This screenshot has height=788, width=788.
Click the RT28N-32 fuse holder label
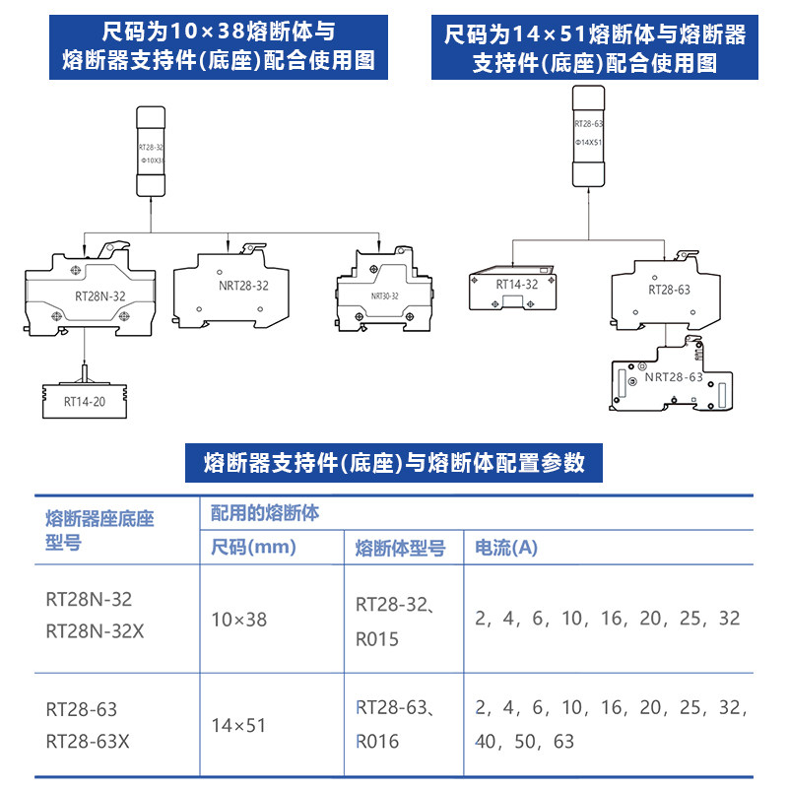click(100, 295)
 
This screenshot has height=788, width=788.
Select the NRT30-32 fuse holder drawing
click(384, 290)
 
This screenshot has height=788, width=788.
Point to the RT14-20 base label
click(84, 401)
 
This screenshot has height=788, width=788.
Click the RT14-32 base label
click(516, 285)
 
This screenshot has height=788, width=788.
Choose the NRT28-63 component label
click(674, 377)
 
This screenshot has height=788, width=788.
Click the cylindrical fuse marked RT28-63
click(589, 135)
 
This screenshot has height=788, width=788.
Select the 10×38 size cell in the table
click(239, 620)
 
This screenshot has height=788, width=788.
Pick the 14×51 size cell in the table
click(239, 726)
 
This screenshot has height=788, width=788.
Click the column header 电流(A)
click(506, 548)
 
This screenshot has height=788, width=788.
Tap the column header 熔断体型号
click(400, 548)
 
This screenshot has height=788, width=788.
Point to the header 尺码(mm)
click(254, 548)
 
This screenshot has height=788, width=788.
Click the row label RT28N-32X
click(95, 631)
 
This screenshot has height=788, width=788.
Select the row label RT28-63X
click(88, 739)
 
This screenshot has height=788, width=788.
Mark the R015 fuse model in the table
click(377, 639)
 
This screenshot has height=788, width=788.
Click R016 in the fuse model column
click(377, 741)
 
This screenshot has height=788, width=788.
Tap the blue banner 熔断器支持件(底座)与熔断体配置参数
click(394, 463)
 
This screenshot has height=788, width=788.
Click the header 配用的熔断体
click(265, 514)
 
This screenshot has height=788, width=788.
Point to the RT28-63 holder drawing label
click(669, 289)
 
